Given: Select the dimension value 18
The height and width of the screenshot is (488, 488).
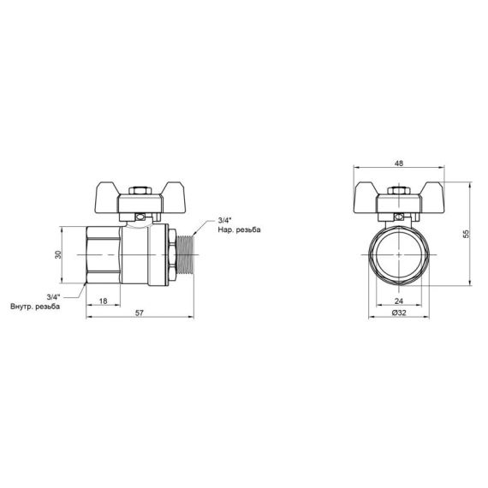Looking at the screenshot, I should (103, 301).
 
